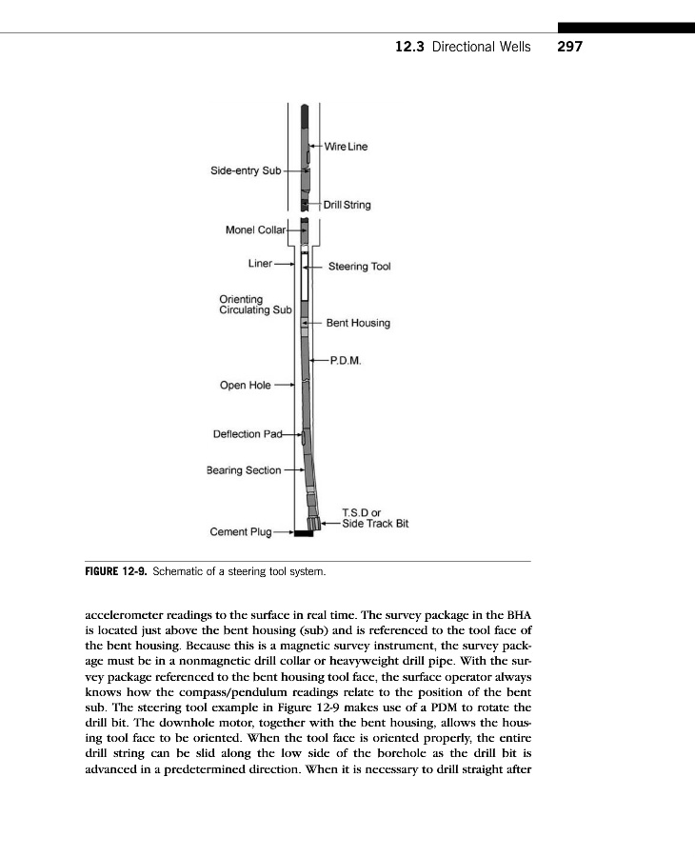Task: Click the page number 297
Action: (570, 46)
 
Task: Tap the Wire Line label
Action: (346, 146)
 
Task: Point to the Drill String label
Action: (347, 205)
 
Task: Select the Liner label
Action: (258, 262)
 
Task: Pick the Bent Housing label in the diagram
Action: (357, 323)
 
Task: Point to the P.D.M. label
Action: (344, 360)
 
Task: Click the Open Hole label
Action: (245, 386)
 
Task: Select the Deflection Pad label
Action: (248, 434)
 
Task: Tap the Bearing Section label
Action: (244, 469)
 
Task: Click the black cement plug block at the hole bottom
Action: (305, 532)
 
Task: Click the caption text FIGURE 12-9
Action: (115, 573)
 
